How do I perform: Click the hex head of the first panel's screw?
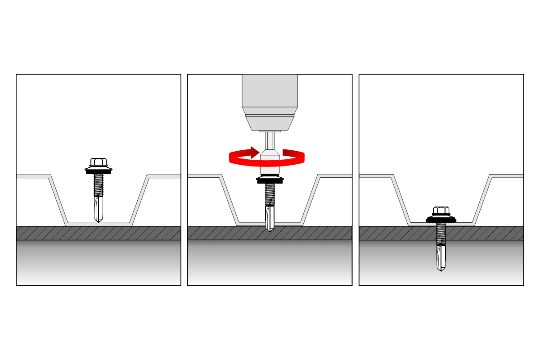point(99,162)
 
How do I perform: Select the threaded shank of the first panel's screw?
point(99,185)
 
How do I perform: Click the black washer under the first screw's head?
point(99,171)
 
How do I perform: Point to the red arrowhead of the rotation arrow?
point(255,153)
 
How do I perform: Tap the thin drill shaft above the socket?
point(270,141)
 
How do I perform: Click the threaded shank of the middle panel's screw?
point(270,194)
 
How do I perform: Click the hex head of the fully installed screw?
point(441,211)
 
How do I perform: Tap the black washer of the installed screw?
point(441,220)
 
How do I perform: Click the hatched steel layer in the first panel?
point(54,233)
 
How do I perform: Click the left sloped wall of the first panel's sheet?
point(58,200)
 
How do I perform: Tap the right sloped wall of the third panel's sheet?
point(482,200)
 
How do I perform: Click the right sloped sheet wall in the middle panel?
point(310,200)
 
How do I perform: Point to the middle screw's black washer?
point(270,181)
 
